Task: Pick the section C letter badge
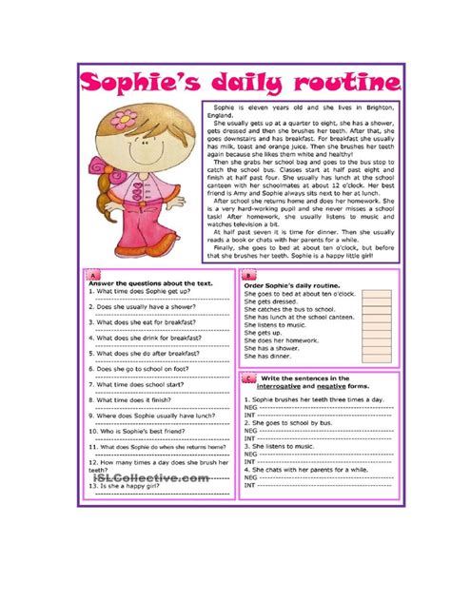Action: [248, 378]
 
